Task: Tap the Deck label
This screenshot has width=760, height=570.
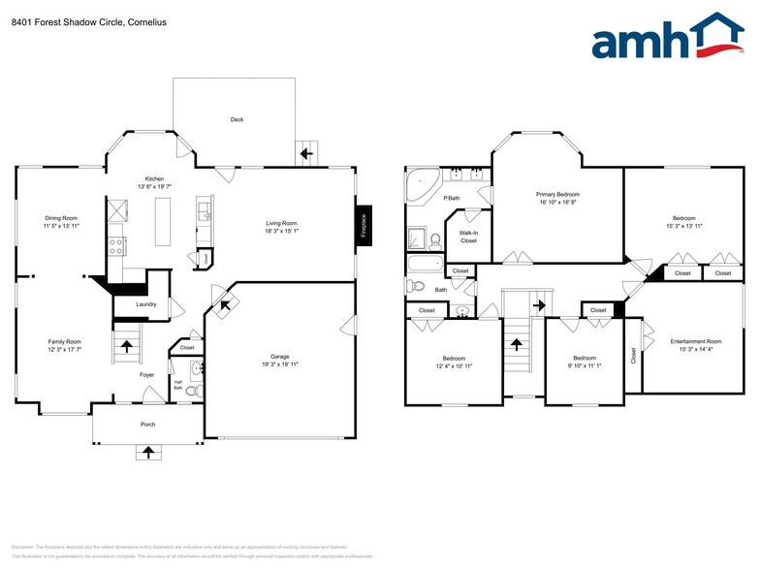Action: pos(237,120)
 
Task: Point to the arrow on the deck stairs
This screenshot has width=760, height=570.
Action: pos(307,153)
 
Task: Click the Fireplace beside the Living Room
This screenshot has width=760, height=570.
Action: pos(364,226)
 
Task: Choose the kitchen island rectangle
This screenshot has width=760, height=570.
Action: pos(162,220)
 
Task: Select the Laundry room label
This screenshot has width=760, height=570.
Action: pos(146,304)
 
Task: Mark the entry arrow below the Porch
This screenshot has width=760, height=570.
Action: pos(147,451)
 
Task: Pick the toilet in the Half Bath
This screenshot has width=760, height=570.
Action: pos(192,390)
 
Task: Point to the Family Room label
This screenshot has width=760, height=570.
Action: pos(65,341)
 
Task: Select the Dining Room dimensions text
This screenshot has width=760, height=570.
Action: pos(61,225)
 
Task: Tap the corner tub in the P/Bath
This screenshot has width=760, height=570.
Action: pos(421,183)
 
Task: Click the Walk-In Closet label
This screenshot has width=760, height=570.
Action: pos(468,237)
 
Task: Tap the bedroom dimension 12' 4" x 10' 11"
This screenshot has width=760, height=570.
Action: pos(454,365)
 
